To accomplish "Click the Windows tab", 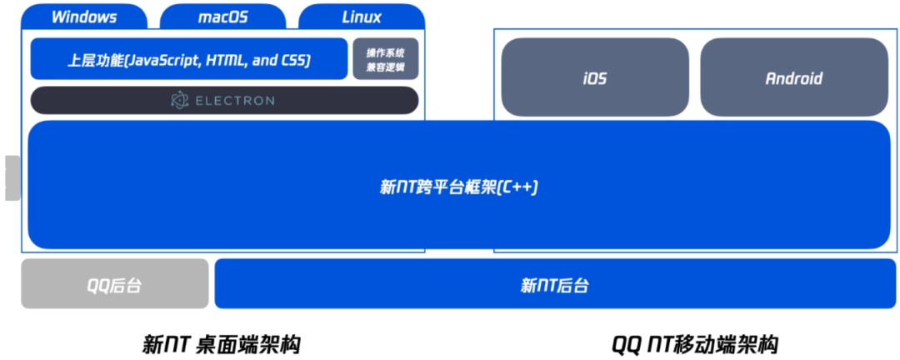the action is coord(84,17).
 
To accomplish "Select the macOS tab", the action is coord(222,17).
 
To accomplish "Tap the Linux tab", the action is coord(362,17).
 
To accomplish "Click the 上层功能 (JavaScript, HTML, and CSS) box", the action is coord(189,60).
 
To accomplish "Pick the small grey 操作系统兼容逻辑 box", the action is coord(385,59).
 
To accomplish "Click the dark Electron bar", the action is coord(224,100).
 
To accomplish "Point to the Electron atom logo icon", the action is coord(179,100).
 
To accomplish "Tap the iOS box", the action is coord(595,78).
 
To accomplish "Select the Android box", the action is coord(793,78).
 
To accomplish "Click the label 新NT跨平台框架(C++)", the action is coord(459,187).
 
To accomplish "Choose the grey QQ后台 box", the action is coord(115,285).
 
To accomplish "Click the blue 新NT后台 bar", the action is coord(554,285).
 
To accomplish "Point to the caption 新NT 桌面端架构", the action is coord(221,342).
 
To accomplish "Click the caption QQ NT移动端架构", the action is coord(694,342).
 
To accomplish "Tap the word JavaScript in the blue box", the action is coord(163,60).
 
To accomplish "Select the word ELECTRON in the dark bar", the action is coord(234,101).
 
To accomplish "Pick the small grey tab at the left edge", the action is coord(12,177).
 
